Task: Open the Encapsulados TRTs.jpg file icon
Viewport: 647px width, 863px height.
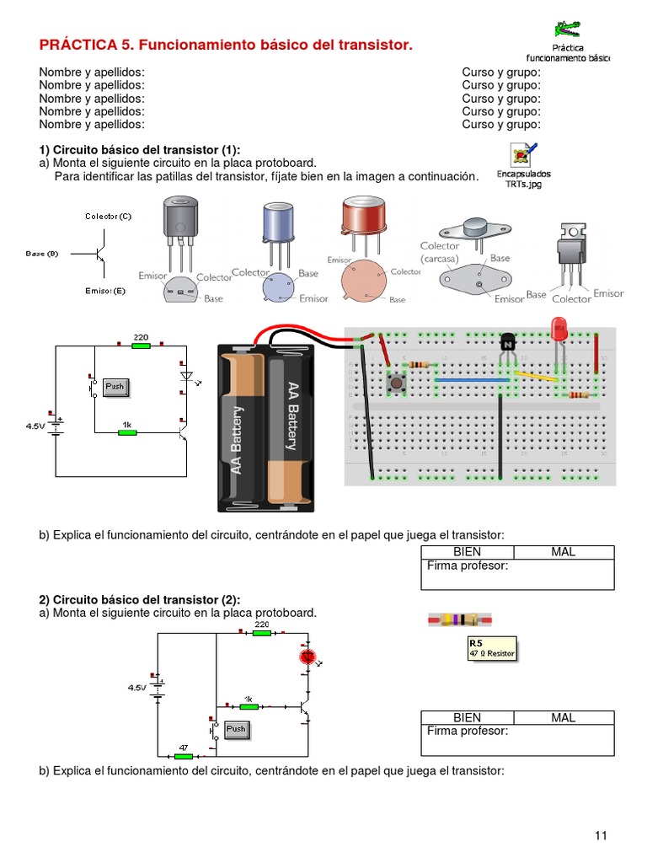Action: click(522, 155)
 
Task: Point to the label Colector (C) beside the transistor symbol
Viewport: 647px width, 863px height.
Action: click(108, 217)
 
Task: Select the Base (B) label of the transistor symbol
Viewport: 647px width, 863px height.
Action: click(41, 253)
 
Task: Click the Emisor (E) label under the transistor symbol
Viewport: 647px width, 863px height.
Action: click(104, 291)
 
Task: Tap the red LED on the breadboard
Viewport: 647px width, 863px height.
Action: click(558, 329)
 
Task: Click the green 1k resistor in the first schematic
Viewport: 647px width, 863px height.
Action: click(127, 432)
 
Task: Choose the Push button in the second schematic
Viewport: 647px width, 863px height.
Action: click(236, 728)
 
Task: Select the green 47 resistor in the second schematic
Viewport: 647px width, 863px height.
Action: click(183, 756)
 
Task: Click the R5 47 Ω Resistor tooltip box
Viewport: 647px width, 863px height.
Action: click(491, 648)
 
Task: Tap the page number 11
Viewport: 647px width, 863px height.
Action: click(601, 835)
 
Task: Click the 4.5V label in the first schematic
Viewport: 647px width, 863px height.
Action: click(36, 426)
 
